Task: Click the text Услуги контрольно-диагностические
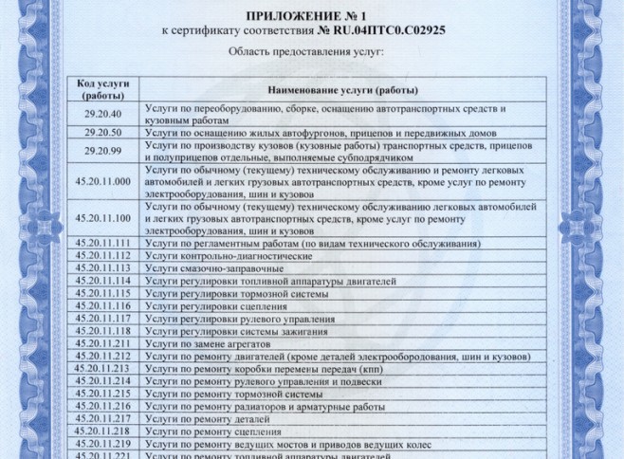(229, 256)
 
